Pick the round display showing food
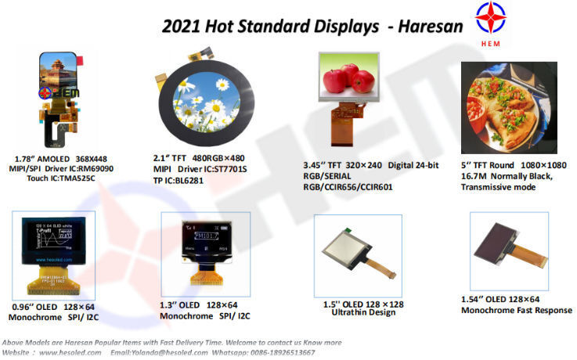coord(509,107)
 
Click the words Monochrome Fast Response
coord(516,311)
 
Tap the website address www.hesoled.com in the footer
coord(70,352)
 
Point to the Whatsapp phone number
coord(281,352)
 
